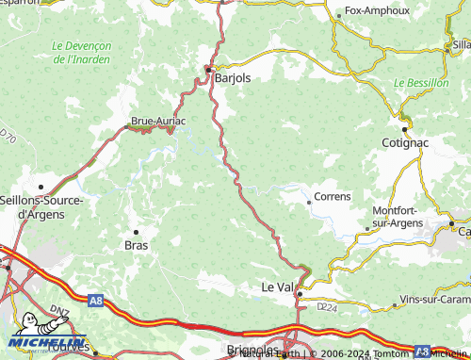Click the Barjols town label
(x=234, y=78)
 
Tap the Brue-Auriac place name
(x=157, y=121)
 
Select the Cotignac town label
(x=406, y=142)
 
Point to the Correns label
(x=332, y=197)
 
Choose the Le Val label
(x=278, y=286)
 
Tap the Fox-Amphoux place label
(x=377, y=11)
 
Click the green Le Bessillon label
(x=420, y=83)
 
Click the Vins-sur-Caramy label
(x=434, y=299)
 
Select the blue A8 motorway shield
(x=95, y=301)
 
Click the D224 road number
(x=326, y=306)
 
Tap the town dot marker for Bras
(x=136, y=231)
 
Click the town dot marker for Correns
(x=309, y=202)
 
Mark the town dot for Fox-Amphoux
(x=339, y=15)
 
